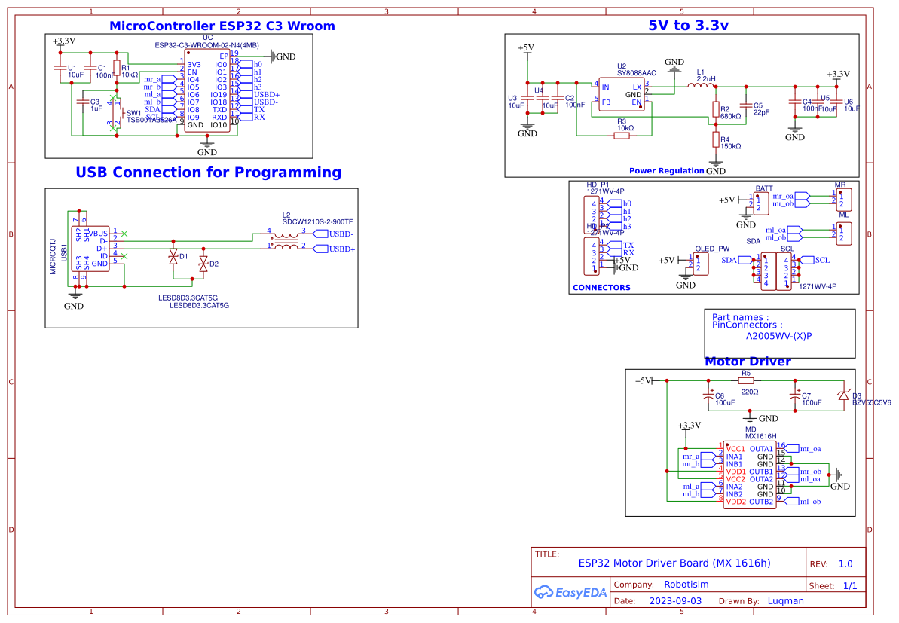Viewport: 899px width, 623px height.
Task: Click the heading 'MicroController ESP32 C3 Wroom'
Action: [x=222, y=26]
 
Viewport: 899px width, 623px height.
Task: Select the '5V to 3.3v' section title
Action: [x=688, y=25]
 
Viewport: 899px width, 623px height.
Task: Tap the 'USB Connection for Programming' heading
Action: [x=208, y=173]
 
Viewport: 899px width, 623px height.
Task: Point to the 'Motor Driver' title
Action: [x=747, y=362]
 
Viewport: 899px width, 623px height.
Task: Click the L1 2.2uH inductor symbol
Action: [x=700, y=87]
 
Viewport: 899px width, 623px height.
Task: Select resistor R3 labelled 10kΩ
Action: [x=622, y=136]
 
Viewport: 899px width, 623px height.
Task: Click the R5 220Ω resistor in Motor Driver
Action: [x=746, y=382]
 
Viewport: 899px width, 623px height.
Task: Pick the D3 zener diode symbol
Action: [x=844, y=395]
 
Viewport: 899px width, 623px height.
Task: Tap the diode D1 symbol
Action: [x=173, y=257]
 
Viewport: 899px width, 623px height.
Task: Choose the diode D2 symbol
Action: [x=203, y=264]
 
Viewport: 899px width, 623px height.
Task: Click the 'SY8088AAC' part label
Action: [x=637, y=73]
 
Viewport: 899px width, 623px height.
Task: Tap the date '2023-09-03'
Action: [x=675, y=601]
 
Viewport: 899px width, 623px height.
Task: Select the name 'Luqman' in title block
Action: [x=785, y=601]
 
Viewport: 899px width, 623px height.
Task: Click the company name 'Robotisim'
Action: [x=686, y=585]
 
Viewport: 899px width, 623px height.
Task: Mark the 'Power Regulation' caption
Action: [x=666, y=171]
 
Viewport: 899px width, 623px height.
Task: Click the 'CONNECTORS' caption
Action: [x=601, y=288]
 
